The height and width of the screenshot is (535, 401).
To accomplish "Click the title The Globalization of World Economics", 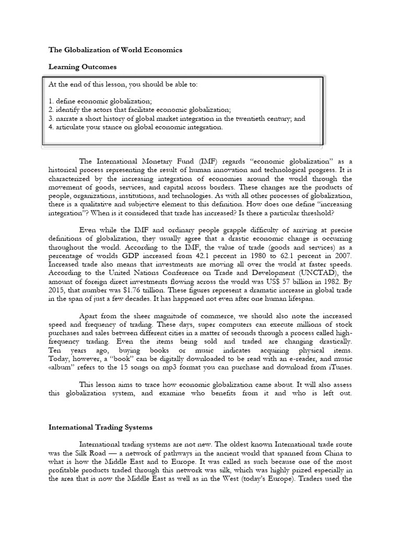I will (115, 50).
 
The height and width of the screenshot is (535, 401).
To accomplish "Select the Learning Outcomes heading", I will (82, 67).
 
